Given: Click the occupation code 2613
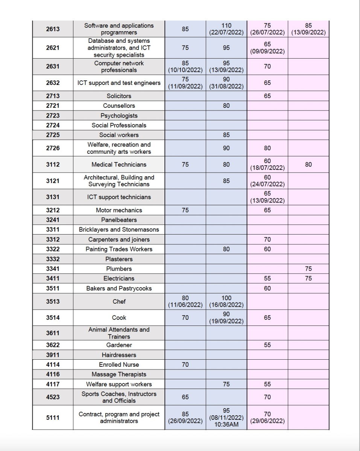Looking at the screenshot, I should [53, 29].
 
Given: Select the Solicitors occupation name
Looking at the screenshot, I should [119, 96].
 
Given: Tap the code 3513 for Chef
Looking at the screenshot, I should [53, 301].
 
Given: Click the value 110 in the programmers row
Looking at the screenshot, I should [226, 26].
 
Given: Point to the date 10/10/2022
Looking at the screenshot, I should [185, 70].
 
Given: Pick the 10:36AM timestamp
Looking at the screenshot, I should [226, 425].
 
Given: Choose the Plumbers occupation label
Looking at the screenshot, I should [119, 269].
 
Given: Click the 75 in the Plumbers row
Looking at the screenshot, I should [308, 269].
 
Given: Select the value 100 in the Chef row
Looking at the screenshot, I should [226, 298].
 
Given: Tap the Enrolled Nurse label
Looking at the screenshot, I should [119, 365].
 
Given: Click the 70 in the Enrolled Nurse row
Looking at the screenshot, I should [185, 365].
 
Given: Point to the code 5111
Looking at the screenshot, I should [53, 417].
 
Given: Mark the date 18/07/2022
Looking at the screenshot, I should [267, 168].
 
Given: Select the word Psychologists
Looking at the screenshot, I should [119, 116].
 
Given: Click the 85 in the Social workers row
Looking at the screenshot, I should [226, 135].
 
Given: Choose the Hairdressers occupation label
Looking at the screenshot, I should [119, 355].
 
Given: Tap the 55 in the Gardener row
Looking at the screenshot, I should [267, 345].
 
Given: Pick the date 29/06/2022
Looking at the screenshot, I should [267, 421].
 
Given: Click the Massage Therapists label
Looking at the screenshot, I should [119, 374].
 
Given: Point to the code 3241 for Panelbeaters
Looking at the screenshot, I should [53, 220].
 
